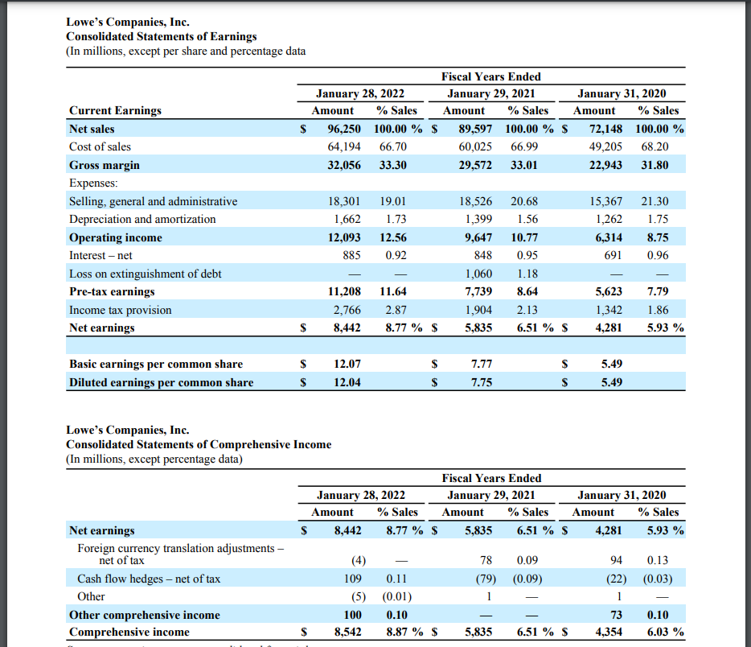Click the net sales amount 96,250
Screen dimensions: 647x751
344,129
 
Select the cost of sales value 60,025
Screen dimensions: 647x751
475,146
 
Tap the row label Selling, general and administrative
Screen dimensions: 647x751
153,201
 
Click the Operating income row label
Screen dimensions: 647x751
115,237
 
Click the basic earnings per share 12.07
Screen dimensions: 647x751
347,364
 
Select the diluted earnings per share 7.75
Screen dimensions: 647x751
481,382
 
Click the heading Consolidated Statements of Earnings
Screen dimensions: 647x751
161,36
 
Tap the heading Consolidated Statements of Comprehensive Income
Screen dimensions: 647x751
198,444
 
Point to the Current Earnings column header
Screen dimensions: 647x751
115,110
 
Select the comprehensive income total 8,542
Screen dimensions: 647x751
347,632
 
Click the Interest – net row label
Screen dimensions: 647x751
101,255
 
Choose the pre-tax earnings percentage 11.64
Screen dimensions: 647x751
393,291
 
